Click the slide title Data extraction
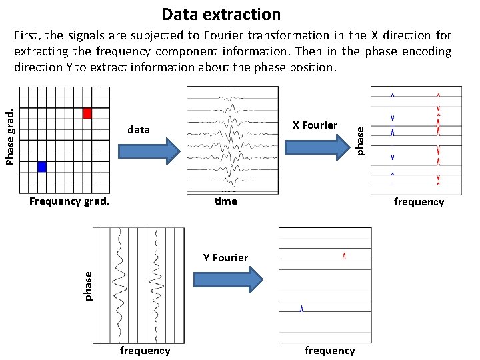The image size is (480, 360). (x=221, y=14)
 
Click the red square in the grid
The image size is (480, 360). (x=87, y=113)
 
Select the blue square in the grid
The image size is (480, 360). (x=42, y=167)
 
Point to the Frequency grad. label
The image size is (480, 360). (x=69, y=201)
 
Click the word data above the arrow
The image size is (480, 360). (x=138, y=129)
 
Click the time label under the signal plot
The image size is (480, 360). (x=225, y=201)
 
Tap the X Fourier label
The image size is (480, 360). (x=315, y=125)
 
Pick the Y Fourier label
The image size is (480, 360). (x=225, y=257)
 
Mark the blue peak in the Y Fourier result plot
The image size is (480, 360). (x=301, y=308)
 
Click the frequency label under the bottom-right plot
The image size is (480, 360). (x=329, y=350)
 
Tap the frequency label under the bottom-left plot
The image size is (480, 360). (x=145, y=350)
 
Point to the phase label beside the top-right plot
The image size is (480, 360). (x=361, y=140)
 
